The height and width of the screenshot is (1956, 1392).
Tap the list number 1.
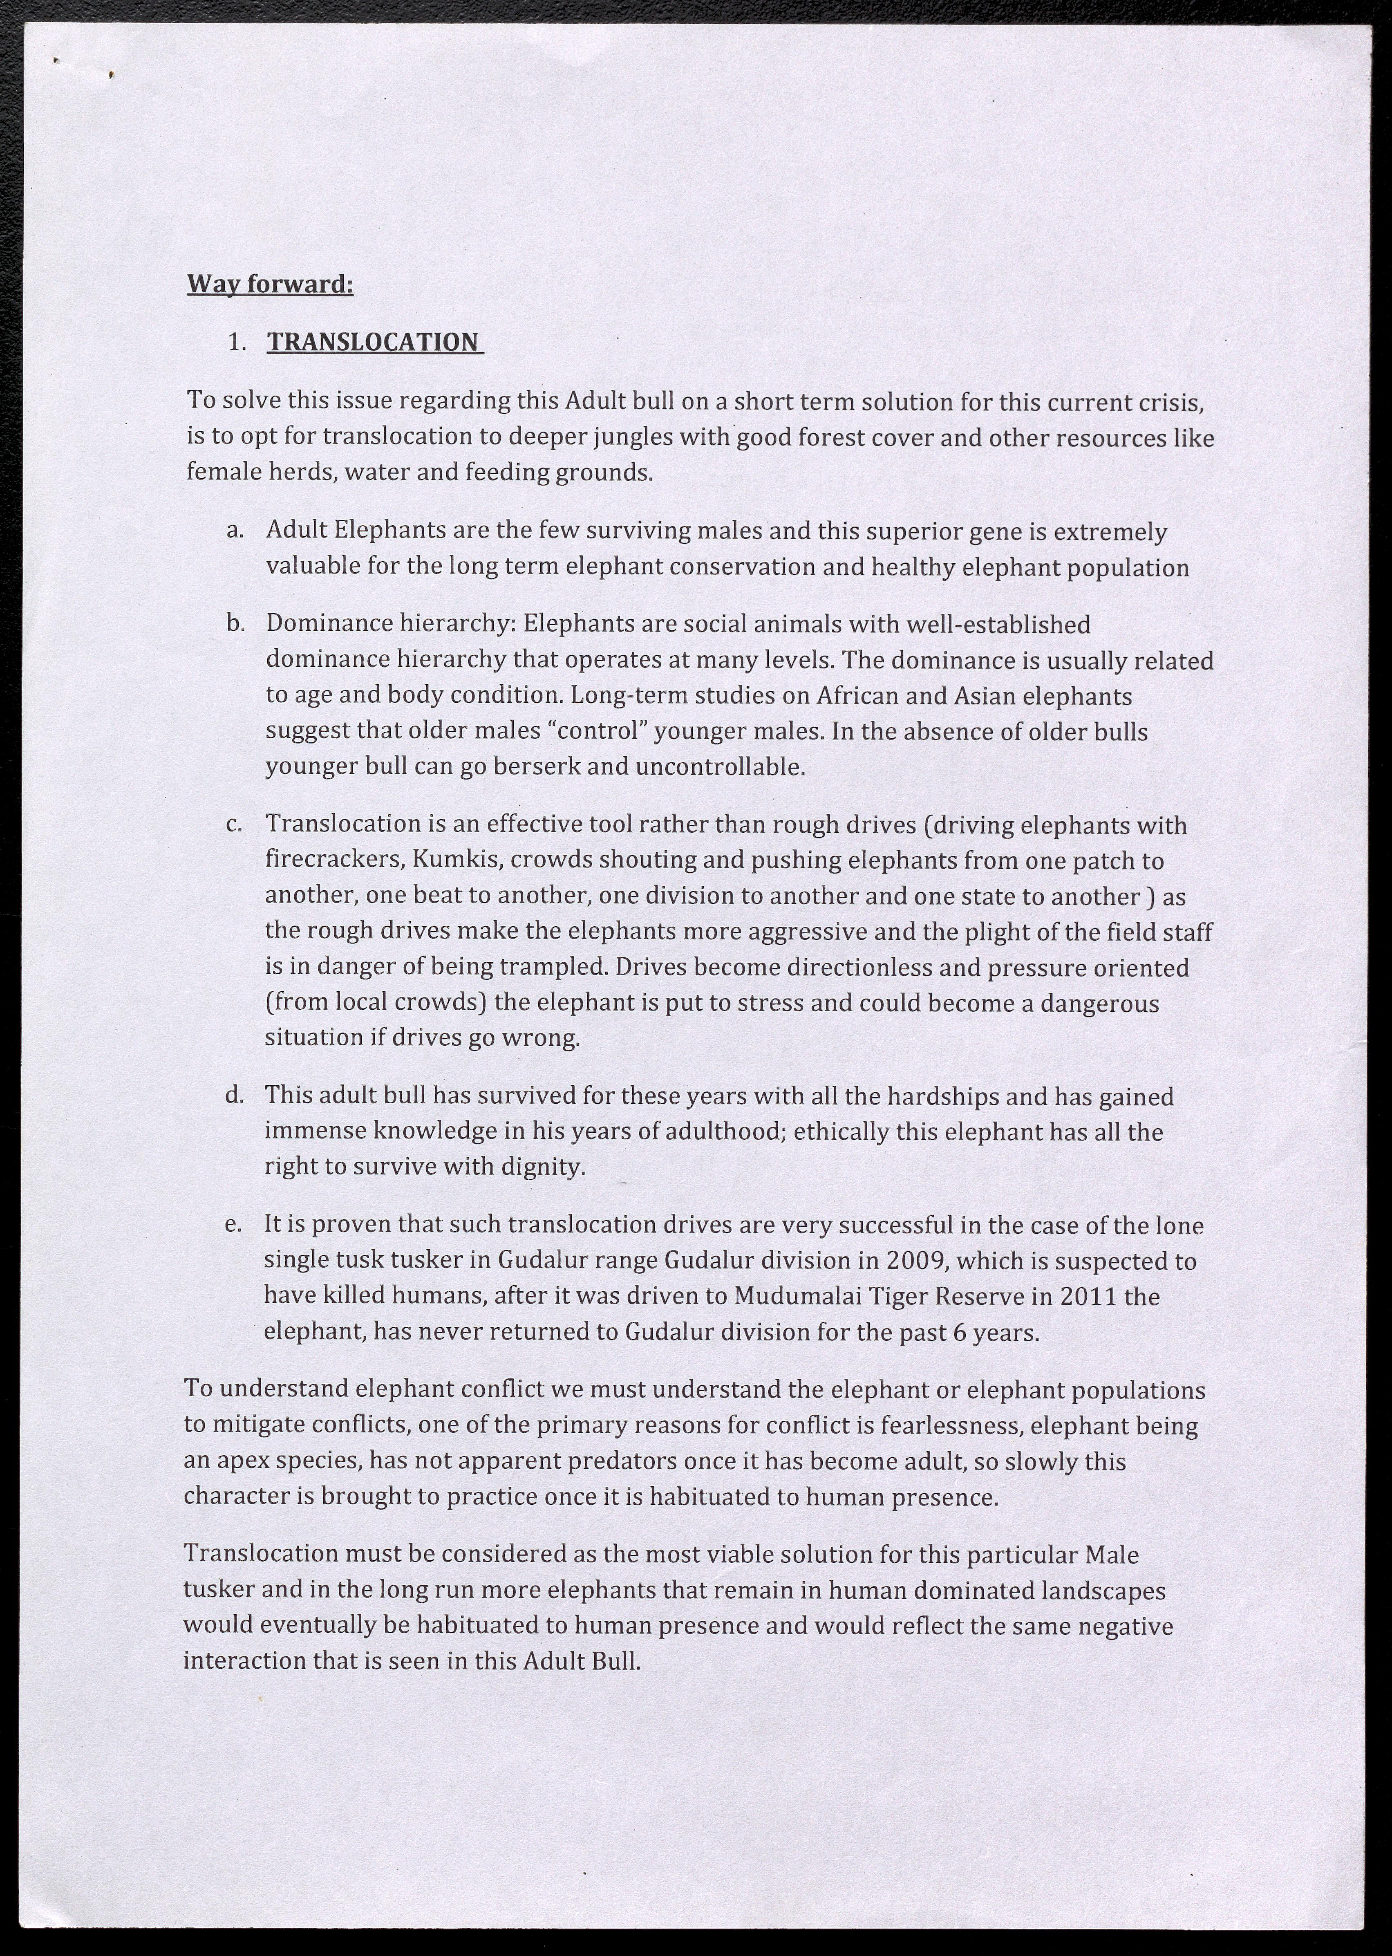(237, 343)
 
